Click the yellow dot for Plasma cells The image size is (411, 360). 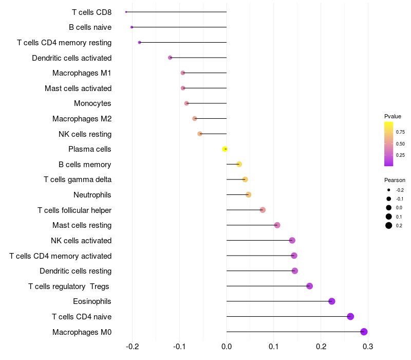tap(225, 149)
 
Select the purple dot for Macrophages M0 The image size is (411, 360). tap(364, 332)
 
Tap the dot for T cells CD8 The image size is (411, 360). tap(126, 12)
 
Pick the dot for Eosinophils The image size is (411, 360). tap(331, 301)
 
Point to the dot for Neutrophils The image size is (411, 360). tap(249, 195)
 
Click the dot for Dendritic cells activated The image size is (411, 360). tap(170, 58)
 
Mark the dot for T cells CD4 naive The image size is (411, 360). tap(350, 316)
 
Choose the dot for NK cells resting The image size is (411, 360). tap(200, 134)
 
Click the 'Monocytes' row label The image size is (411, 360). tap(92, 103)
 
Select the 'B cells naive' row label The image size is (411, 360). tap(90, 27)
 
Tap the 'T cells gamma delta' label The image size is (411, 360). tap(78, 179)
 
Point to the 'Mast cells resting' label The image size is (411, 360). tap(82, 225)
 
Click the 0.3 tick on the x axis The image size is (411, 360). tap(368, 347)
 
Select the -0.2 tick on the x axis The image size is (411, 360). tap(132, 347)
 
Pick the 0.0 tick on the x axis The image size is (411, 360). tap(227, 347)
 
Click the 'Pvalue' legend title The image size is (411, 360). tap(393, 116)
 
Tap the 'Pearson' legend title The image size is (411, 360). tap(395, 180)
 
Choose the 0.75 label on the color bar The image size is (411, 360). tap(400, 132)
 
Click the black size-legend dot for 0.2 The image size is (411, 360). tap(389, 225)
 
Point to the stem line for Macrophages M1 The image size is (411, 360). tap(204, 73)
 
